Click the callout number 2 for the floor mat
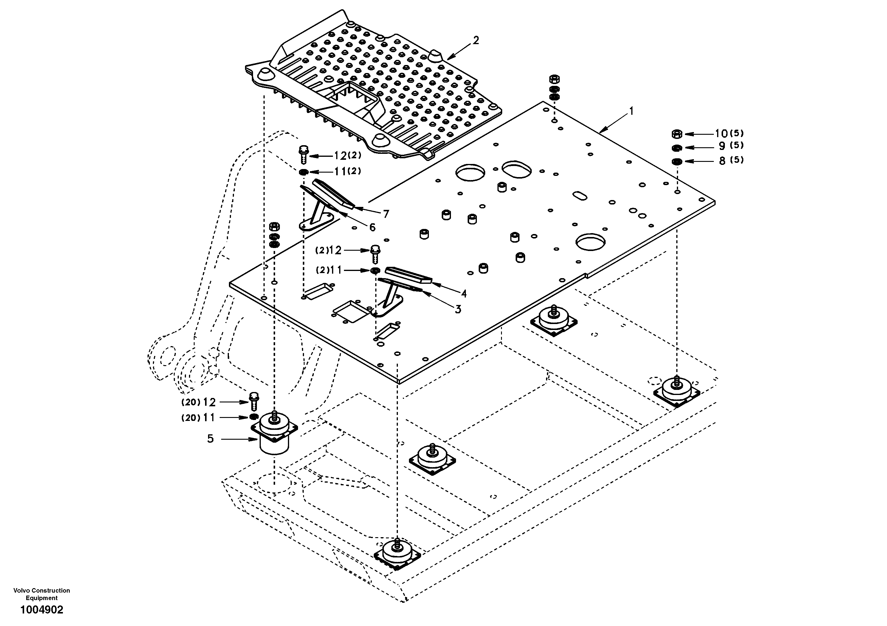476,40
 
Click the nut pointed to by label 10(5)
677,134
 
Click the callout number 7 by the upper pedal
386,214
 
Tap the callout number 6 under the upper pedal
372,227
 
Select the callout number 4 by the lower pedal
463,294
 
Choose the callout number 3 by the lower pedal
458,309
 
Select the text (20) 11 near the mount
198,418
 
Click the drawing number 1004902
42,610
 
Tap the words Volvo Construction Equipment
42,594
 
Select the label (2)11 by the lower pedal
329,270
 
